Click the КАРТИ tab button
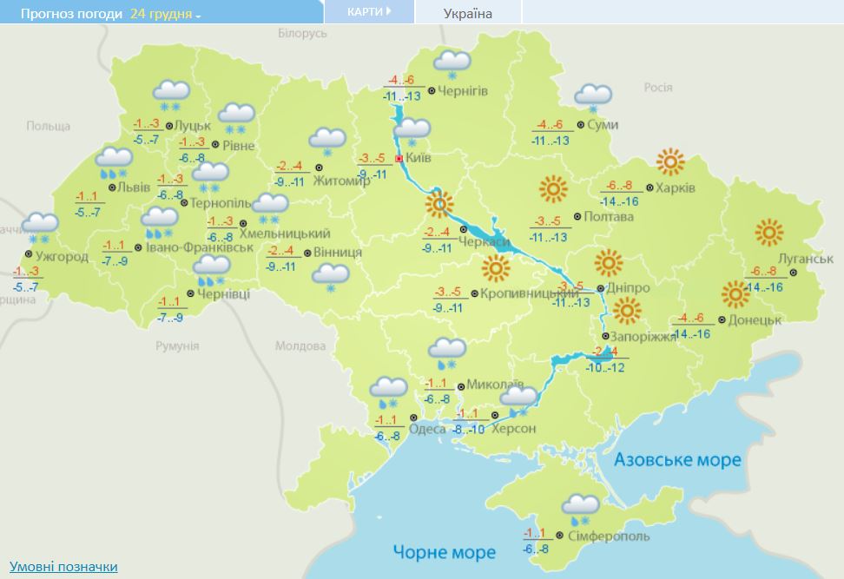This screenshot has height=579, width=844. (x=368, y=12)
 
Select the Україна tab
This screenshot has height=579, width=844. (x=467, y=13)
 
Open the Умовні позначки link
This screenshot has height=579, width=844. (x=63, y=566)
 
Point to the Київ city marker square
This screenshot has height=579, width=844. (x=399, y=160)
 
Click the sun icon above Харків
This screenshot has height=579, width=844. (x=670, y=161)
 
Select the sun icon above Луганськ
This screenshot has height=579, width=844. (x=769, y=233)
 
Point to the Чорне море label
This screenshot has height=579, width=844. (x=444, y=552)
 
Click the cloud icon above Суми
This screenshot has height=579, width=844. (x=592, y=95)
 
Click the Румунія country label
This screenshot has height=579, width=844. (x=178, y=345)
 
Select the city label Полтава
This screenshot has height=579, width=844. (x=609, y=217)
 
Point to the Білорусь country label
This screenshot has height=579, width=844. (x=302, y=33)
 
